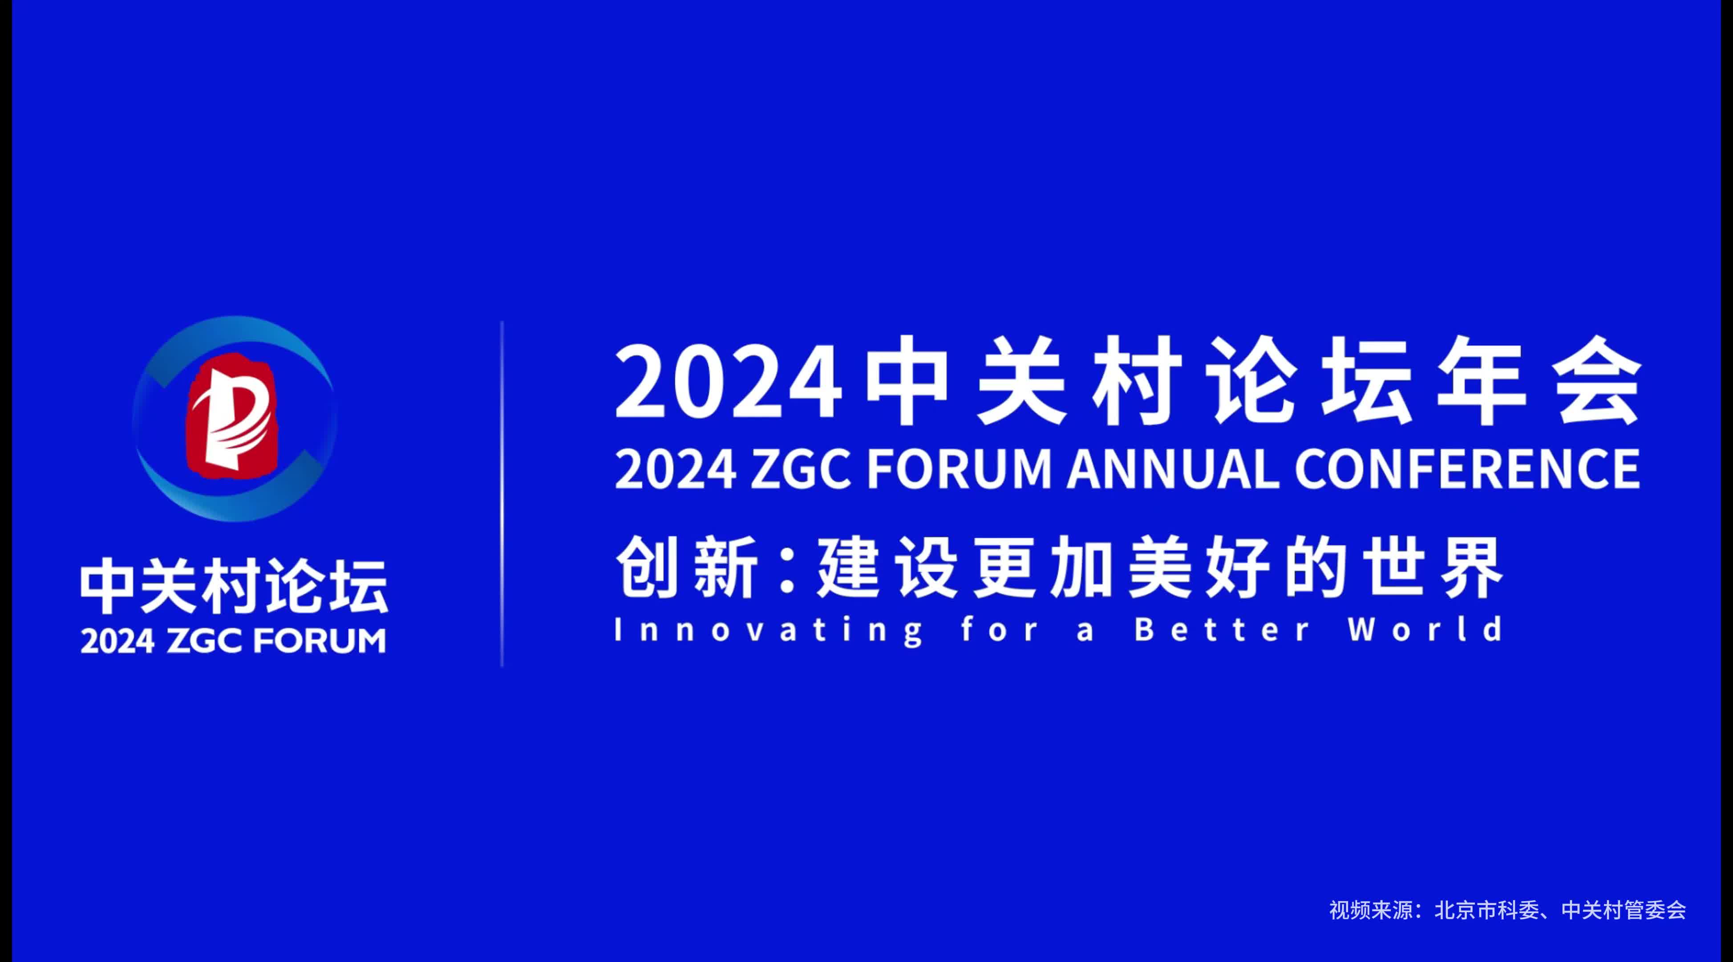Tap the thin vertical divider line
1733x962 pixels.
502,493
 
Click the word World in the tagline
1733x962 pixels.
1425,629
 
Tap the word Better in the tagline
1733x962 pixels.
1223,629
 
